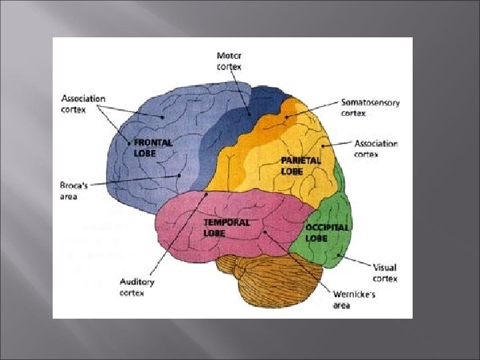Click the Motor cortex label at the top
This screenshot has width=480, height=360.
click(229, 61)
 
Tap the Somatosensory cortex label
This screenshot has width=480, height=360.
click(363, 107)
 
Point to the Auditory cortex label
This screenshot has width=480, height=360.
click(136, 287)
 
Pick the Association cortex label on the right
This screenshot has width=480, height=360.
click(376, 149)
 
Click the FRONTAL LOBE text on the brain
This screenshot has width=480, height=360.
click(153, 147)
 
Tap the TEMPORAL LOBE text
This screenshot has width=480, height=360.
click(227, 227)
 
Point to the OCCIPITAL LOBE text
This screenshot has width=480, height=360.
click(327, 233)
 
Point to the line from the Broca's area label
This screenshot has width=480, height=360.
click(133, 180)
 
